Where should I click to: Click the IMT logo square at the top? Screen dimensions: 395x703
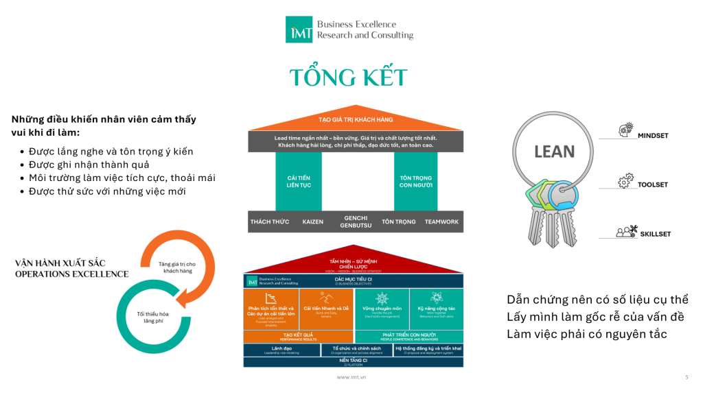pyautogui.click(x=299, y=29)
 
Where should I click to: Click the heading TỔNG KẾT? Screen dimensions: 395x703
pyautogui.click(x=348, y=77)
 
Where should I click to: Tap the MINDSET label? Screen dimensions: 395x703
pyautogui.click(x=652, y=136)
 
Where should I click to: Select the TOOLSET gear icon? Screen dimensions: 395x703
pyautogui.click(x=625, y=181)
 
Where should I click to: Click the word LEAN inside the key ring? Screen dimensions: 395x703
pyautogui.click(x=555, y=151)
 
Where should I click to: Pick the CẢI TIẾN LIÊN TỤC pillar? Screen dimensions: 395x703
pyautogui.click(x=298, y=182)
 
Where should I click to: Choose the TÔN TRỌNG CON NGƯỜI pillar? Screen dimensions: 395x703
pyautogui.click(x=415, y=182)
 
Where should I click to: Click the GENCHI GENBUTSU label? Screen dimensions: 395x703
pyautogui.click(x=356, y=222)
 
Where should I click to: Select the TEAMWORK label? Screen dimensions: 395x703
pyautogui.click(x=441, y=222)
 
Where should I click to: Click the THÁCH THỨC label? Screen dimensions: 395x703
pyautogui.click(x=270, y=222)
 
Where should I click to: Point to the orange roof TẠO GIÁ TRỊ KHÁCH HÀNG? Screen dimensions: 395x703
pyautogui.click(x=355, y=120)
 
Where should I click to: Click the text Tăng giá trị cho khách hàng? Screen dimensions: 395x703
pyautogui.click(x=177, y=267)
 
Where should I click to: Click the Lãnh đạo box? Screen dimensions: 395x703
pyautogui.click(x=281, y=349)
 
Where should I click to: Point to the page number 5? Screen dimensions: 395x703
pyautogui.click(x=687, y=377)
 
